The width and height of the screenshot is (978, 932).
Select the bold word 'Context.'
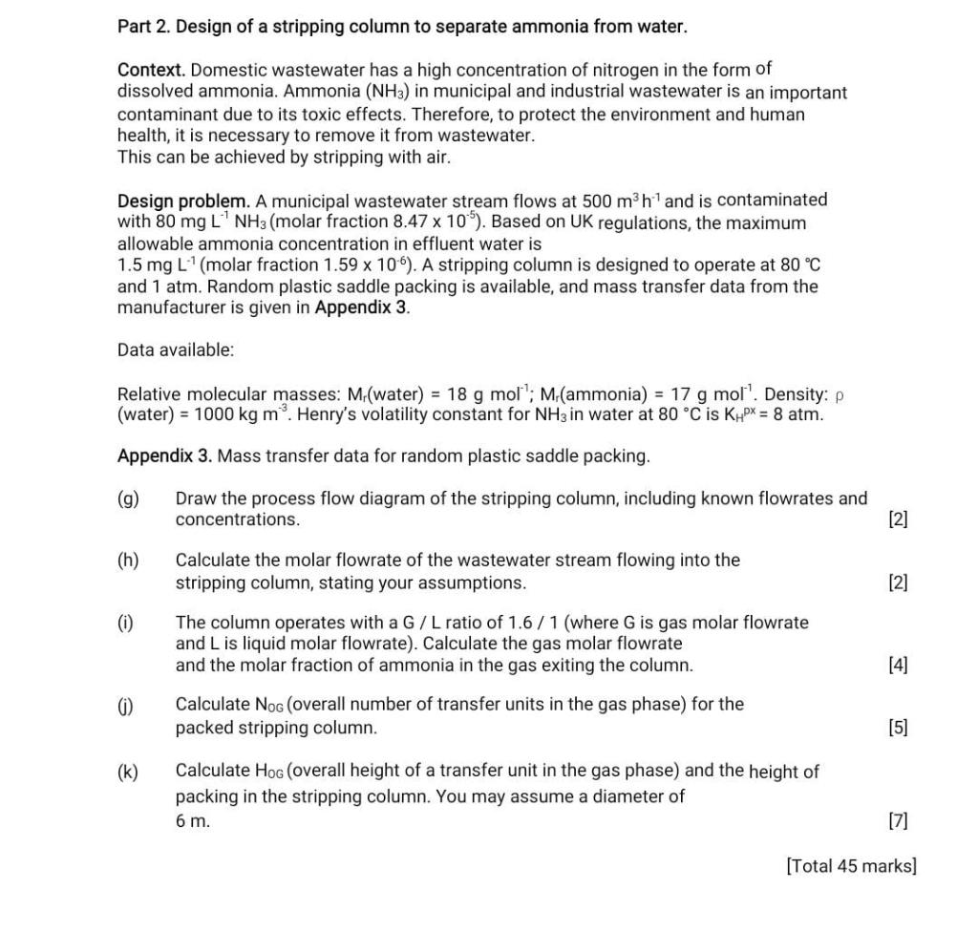pyautogui.click(x=151, y=71)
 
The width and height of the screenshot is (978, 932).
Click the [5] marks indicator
pyautogui.click(x=898, y=728)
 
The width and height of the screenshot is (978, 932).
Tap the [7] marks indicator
pyautogui.click(x=898, y=820)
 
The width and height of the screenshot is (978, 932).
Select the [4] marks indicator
pyautogui.click(x=898, y=666)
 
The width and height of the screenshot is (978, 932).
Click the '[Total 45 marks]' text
pyautogui.click(x=851, y=866)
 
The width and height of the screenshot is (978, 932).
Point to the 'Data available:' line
pyautogui.click(x=175, y=350)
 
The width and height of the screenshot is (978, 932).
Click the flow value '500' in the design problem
pyautogui.click(x=598, y=201)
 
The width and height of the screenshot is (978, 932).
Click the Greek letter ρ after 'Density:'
pyautogui.click(x=840, y=395)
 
